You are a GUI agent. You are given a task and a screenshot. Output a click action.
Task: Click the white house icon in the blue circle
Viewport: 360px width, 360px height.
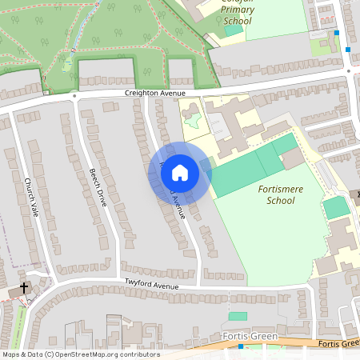click(180, 172)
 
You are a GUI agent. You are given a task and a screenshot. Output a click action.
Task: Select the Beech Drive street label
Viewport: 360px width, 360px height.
click(98, 188)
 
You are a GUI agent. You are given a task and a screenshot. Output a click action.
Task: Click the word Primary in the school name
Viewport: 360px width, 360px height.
click(238, 10)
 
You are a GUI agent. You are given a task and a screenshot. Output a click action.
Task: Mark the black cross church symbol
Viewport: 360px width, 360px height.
click(24, 286)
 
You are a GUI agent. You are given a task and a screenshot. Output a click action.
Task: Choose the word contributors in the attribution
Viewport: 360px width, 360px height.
click(139, 354)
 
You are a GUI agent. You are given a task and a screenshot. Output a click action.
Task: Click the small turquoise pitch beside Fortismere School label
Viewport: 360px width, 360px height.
click(336, 207)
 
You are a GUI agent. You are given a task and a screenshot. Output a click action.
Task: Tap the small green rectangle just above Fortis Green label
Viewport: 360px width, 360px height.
click(238, 317)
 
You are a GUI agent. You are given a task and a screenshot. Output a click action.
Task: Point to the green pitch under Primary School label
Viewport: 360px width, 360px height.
click(233, 30)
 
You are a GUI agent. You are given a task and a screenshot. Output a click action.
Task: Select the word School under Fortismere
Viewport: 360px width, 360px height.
click(280, 200)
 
